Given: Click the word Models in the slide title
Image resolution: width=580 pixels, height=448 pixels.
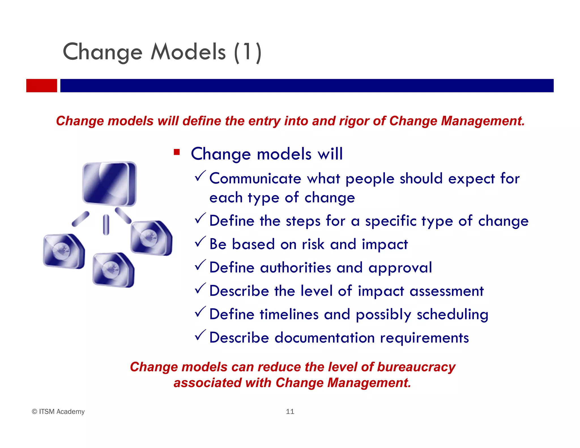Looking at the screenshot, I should click(188, 52).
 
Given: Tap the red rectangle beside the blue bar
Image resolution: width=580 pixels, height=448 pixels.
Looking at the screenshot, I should click(42, 86).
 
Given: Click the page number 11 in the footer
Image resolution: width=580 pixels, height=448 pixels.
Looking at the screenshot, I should click(290, 411).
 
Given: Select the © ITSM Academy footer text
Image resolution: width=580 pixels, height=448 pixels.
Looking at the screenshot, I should click(58, 411).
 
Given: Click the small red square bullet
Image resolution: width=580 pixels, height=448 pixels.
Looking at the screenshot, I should click(177, 152).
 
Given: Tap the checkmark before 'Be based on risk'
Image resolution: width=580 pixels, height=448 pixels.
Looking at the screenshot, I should click(200, 242).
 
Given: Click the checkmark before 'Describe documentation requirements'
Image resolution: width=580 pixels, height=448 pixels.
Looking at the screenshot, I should click(200, 336).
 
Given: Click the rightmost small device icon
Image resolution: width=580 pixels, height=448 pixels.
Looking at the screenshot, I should click(151, 238).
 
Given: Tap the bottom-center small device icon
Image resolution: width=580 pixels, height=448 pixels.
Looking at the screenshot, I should click(113, 270).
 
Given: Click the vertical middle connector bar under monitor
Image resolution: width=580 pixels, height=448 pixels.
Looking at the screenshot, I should click(106, 225).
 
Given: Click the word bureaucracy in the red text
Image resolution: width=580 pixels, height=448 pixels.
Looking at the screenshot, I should click(416, 367).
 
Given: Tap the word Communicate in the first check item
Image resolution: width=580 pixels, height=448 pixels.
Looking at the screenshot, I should click(255, 179).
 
